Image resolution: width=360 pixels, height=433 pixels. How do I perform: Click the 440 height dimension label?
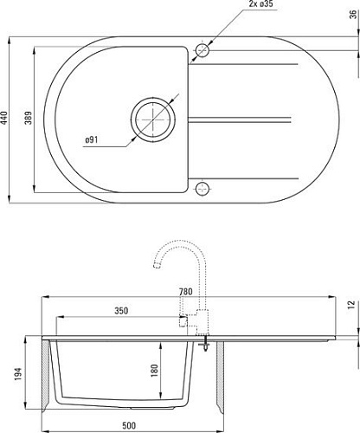[5, 118]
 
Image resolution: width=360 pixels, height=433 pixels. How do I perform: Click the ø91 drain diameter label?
[97, 140]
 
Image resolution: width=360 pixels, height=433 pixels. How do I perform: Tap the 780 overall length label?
[184, 292]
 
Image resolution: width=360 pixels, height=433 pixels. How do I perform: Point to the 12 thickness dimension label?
[351, 305]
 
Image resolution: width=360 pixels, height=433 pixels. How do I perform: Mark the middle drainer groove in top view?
[247, 118]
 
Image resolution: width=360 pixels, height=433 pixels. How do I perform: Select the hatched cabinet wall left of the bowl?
[46, 372]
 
